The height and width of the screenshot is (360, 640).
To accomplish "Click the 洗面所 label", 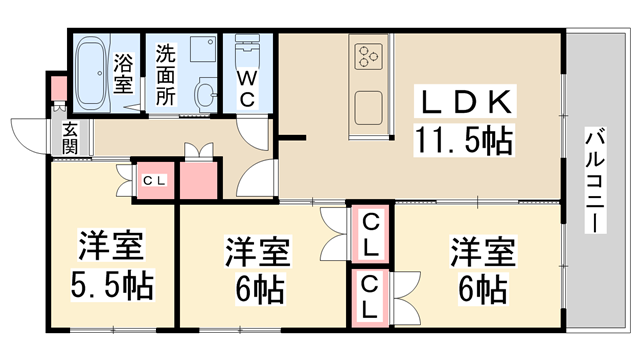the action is (x=166, y=72).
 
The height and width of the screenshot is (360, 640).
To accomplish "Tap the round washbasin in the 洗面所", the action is (x=206, y=95).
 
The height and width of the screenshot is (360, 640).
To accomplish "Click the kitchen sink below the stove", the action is (x=367, y=105).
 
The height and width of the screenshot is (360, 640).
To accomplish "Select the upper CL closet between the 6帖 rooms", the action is (x=370, y=232).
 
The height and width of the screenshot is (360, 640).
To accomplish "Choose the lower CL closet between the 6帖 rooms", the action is (x=370, y=297).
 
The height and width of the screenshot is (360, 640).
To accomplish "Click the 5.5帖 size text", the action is (x=112, y=286).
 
